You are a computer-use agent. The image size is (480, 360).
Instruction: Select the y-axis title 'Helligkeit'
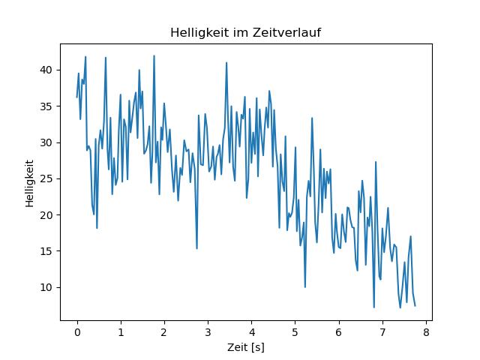29,183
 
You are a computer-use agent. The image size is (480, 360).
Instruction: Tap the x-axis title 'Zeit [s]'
246,348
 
